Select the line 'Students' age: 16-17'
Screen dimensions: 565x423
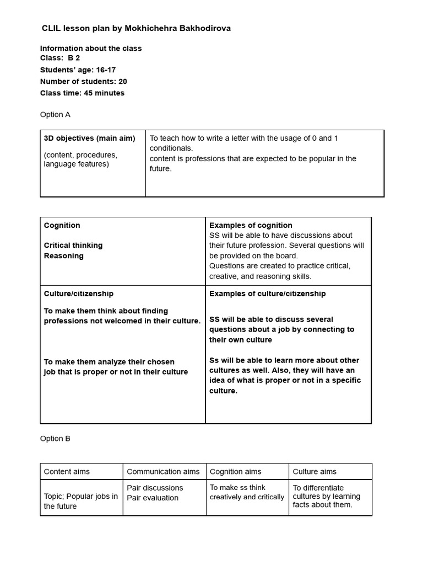(x=83, y=70)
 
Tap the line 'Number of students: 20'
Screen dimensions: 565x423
(x=83, y=81)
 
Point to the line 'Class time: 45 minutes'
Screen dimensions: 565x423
(x=82, y=93)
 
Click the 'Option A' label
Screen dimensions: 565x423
(x=55, y=115)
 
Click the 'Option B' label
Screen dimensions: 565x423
(x=55, y=439)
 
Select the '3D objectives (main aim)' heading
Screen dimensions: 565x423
(x=89, y=138)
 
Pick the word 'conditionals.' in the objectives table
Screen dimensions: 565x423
(x=171, y=148)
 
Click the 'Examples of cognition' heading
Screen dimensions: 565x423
(x=251, y=225)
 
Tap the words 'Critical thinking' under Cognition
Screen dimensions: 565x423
(x=73, y=245)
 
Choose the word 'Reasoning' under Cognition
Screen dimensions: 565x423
(x=64, y=255)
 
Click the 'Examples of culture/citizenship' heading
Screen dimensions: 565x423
(x=267, y=294)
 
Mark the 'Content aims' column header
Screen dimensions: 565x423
(x=67, y=471)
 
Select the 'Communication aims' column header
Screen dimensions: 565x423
(x=163, y=471)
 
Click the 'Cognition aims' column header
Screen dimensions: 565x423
(x=236, y=471)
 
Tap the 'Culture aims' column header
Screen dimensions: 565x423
(x=314, y=471)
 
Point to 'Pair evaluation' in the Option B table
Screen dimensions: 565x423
(x=153, y=498)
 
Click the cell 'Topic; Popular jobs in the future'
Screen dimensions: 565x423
(x=81, y=501)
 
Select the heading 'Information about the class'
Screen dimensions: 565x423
(x=91, y=48)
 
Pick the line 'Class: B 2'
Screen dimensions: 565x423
(x=60, y=58)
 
